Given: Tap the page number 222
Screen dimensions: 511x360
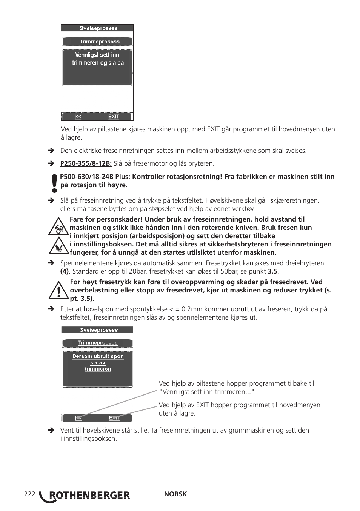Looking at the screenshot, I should [29, 494].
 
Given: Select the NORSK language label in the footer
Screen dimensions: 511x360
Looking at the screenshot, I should [175, 494].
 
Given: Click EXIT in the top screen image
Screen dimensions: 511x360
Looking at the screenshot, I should [114, 117].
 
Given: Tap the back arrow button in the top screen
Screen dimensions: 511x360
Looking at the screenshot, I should [78, 117].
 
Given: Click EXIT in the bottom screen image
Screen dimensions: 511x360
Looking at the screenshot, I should [114, 418].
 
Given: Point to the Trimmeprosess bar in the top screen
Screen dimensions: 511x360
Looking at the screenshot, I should [97, 42].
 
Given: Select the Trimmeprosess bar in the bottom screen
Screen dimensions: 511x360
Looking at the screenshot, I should [97, 343].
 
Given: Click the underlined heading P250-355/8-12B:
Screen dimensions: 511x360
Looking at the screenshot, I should [86, 163].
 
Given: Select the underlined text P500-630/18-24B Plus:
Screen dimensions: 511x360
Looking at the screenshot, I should [95, 177].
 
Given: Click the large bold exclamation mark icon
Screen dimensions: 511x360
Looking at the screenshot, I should [55, 183].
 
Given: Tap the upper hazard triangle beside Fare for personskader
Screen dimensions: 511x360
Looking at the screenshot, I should [58, 227].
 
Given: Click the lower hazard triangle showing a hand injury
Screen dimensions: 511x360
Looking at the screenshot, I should [58, 246].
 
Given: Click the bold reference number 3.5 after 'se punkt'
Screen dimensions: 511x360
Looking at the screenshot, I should [272, 271].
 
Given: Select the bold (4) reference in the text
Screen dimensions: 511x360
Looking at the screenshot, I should [65, 271].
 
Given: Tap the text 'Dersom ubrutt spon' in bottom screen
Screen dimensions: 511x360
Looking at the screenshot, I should [98, 356].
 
